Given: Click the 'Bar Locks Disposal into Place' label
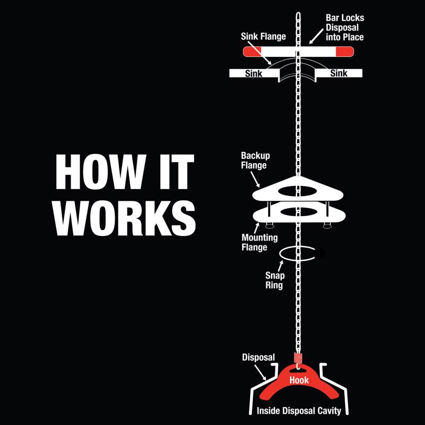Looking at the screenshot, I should click(345, 28).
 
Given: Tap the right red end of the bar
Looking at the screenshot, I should click(345, 52).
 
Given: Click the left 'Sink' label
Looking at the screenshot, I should click(254, 73).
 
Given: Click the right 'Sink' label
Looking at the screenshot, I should click(339, 73).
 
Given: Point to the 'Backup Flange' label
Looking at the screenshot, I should click(256, 160).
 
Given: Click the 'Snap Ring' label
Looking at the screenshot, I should click(275, 281).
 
